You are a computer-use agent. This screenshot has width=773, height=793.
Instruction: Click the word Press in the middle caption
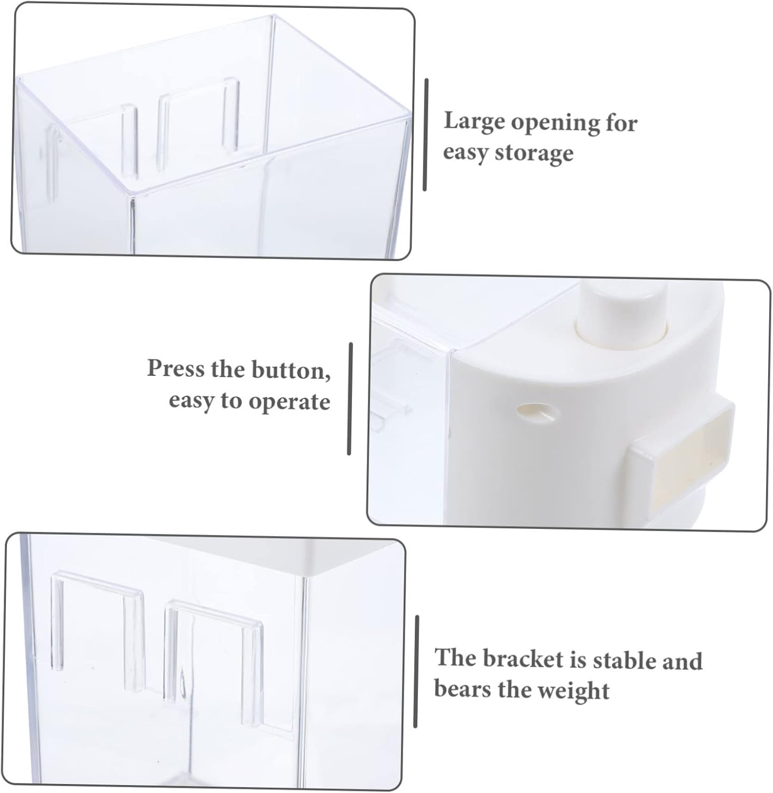(x=175, y=368)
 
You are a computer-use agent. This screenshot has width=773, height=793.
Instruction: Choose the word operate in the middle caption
(x=289, y=401)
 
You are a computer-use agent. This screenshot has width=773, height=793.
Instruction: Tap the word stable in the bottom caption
(x=623, y=660)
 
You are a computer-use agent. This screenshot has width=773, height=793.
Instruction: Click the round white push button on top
(x=621, y=312)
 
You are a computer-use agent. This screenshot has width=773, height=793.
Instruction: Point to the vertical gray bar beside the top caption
(x=425, y=135)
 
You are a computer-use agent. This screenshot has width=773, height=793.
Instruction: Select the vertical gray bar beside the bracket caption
(x=416, y=671)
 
